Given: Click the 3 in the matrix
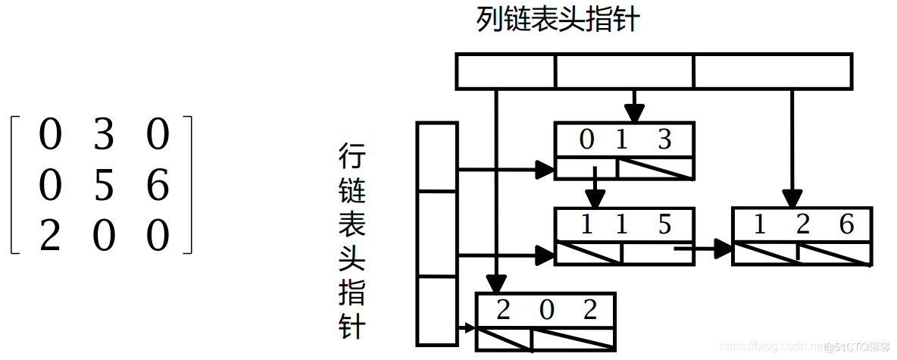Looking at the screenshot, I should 104,135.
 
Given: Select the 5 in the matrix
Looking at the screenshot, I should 104,186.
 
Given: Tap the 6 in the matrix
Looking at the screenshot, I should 158,186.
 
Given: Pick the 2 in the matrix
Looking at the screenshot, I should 49,237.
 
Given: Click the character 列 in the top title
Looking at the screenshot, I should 489,20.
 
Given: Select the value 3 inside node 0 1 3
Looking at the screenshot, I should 664,139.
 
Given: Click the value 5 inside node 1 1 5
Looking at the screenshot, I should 664,224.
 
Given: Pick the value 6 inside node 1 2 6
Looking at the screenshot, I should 846,224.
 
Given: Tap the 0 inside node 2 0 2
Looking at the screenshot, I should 547,310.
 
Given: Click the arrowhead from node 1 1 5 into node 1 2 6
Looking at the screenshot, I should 724,247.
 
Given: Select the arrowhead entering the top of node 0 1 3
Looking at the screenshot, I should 635,114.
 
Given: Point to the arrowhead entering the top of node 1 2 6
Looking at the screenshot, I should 792,199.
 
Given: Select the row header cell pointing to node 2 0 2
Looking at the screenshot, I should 437,311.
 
